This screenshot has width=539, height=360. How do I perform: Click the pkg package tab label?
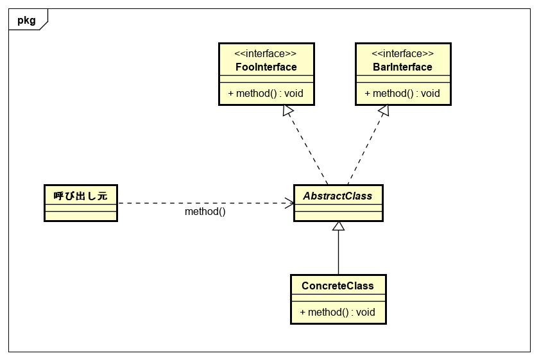[26, 20]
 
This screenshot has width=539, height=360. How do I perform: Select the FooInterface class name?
[266, 67]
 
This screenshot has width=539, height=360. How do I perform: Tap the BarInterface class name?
[402, 67]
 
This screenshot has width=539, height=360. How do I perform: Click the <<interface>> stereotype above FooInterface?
[266, 54]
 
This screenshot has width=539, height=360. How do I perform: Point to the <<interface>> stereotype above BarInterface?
[402, 54]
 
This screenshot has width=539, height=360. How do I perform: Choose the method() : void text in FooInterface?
[266, 94]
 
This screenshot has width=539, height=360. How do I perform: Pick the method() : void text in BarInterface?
[402, 94]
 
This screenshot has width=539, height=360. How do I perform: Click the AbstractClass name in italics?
[338, 196]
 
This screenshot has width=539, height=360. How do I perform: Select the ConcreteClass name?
[338, 286]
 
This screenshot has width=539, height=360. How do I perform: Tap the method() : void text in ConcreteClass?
[338, 313]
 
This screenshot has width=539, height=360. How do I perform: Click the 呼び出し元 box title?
[80, 196]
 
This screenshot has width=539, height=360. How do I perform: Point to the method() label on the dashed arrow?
[205, 212]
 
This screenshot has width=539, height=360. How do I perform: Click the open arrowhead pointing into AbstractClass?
[289, 203]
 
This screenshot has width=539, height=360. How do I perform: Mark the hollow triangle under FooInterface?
[289, 111]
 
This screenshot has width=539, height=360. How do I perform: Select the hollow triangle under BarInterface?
[383, 111]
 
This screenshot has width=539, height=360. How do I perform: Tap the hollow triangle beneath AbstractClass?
[338, 227]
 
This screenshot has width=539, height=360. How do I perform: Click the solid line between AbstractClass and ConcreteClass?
[338, 253]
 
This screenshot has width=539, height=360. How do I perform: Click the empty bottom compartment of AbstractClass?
[338, 215]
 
